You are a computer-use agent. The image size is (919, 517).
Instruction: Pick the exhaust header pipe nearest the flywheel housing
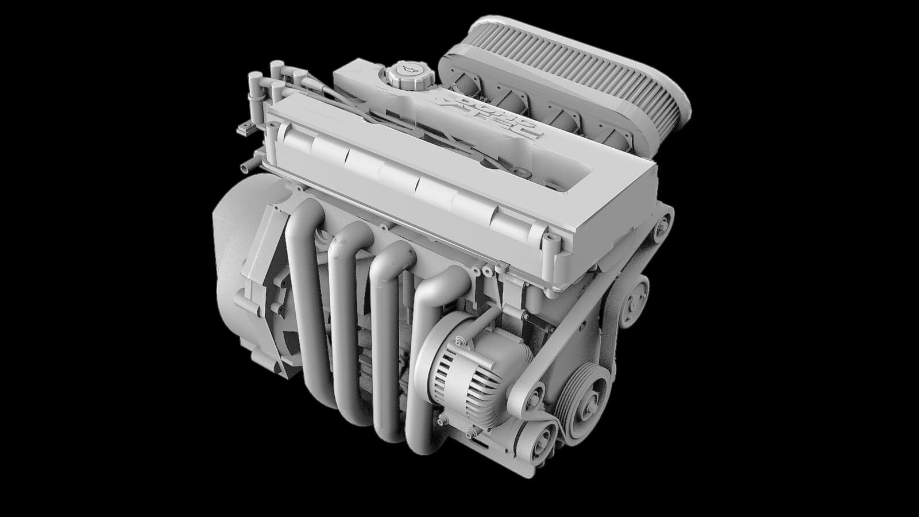(304, 287)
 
